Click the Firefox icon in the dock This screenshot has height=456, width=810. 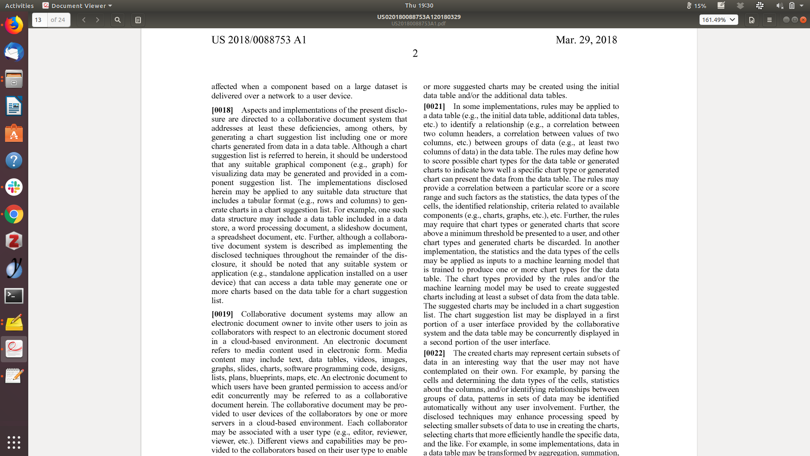pos(14,25)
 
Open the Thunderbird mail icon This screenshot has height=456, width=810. pos(14,52)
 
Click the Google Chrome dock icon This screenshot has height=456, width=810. pos(14,214)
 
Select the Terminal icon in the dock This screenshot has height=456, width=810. pos(14,296)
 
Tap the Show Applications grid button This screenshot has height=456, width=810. pos(14,442)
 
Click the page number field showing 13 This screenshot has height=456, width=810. pos(39,20)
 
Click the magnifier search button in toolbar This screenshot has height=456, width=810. pos(118,20)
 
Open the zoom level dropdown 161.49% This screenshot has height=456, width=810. pos(718,20)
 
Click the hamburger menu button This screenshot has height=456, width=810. pos(769,20)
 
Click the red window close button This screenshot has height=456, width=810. pos(803,20)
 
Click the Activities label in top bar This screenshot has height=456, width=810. pos(19,5)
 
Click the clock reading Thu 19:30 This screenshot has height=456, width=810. pos(419,5)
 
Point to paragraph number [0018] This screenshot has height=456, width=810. pos(222,110)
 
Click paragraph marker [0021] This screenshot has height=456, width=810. pos(434,106)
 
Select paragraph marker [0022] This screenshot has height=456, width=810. pos(434,353)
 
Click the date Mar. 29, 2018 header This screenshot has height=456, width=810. pos(586,40)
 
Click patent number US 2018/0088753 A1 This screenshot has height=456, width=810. pos(259,40)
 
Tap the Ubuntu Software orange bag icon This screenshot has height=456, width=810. pos(14,134)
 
